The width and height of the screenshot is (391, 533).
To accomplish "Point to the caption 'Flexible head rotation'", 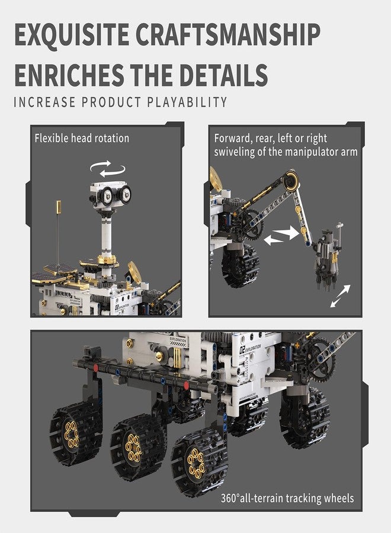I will tap(82, 139).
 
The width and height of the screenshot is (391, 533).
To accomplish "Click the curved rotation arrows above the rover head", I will tap(108, 169).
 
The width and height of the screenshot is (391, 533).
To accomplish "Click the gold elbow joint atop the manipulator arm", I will tap(290, 179).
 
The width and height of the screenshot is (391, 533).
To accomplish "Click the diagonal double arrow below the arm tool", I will tap(340, 296).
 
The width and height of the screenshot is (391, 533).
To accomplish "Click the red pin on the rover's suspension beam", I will tap(185, 385).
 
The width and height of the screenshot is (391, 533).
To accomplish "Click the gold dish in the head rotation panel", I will tap(134, 270).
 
